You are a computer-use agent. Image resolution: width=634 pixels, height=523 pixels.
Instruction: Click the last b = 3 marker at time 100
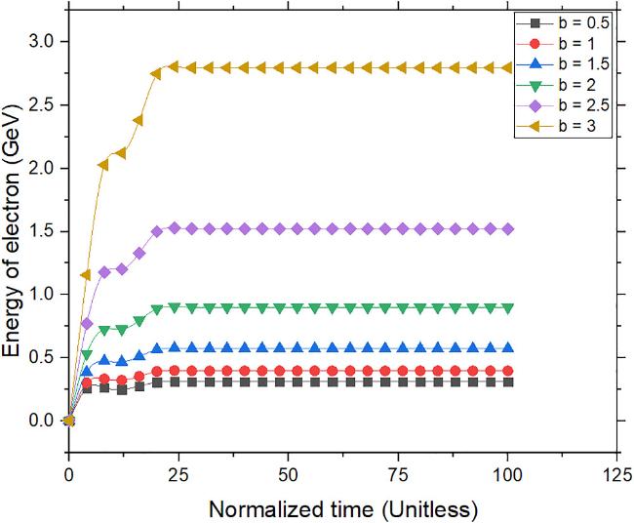pos(506,67)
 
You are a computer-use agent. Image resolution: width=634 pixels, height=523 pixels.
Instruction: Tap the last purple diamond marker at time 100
pos(506,228)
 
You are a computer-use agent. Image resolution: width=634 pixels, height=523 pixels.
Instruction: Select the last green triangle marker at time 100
pos(506,307)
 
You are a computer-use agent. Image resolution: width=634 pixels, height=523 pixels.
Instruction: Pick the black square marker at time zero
pos(68,421)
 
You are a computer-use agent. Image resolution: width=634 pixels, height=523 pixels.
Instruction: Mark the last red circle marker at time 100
pos(506,371)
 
